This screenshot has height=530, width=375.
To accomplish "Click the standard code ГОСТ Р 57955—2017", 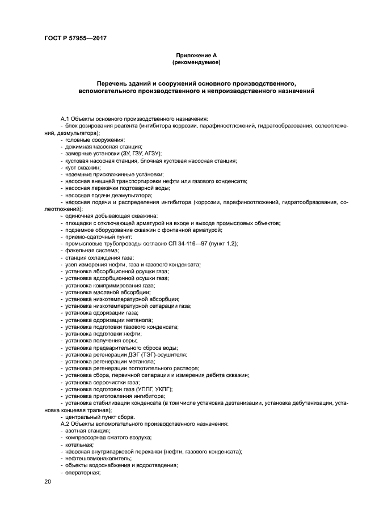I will click(76, 38).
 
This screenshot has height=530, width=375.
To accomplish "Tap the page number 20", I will click(48, 481).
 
